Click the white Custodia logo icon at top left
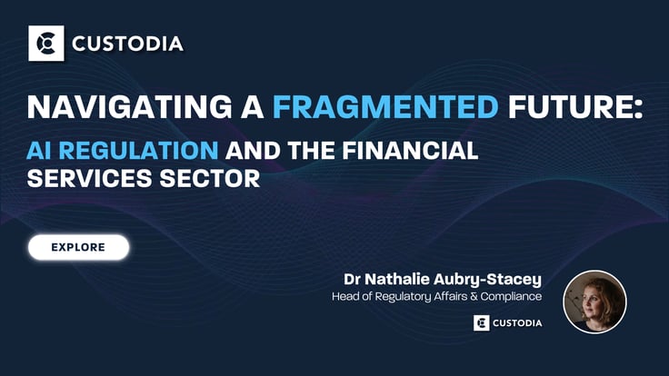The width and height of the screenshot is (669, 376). point(45,43)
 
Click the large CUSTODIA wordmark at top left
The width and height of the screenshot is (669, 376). point(127,43)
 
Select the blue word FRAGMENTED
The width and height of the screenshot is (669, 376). point(385,108)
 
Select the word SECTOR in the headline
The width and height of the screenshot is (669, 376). point(210,177)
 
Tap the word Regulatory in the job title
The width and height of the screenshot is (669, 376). point(412,295)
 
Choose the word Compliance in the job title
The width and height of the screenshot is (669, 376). point(511,295)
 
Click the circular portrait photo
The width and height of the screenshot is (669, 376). point(594,302)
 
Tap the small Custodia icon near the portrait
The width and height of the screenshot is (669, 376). point(481,322)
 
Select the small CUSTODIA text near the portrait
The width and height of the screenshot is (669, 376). point(518,322)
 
